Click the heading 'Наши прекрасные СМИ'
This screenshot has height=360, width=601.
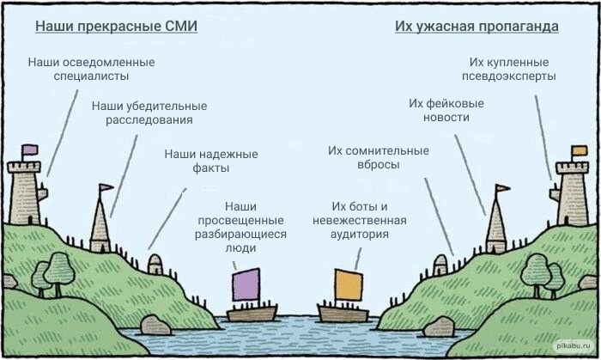[x=116, y=27]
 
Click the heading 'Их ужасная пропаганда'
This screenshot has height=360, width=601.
[x=477, y=27]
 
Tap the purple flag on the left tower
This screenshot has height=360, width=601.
[x=30, y=150]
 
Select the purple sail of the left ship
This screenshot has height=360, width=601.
[x=246, y=284]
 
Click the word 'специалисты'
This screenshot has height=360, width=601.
[x=91, y=76]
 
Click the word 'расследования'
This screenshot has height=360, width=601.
[x=149, y=120]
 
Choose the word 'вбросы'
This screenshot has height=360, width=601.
[x=377, y=165]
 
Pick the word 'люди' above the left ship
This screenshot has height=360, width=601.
[x=241, y=248]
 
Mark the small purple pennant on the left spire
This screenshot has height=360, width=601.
[x=106, y=187]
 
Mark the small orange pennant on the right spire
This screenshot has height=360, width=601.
[x=501, y=187]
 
